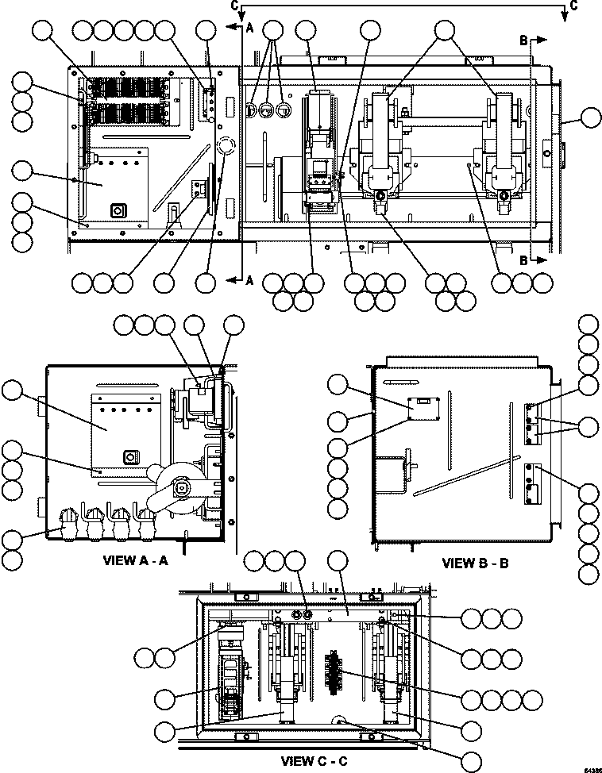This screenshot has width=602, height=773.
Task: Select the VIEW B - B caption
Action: (475, 563)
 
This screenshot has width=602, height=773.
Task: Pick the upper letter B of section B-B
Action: (524, 39)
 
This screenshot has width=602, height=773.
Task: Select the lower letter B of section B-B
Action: (524, 260)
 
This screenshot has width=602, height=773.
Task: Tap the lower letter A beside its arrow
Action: (249, 279)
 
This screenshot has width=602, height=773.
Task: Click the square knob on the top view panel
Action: (118, 211)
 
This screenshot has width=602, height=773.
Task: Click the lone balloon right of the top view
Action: (590, 119)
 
